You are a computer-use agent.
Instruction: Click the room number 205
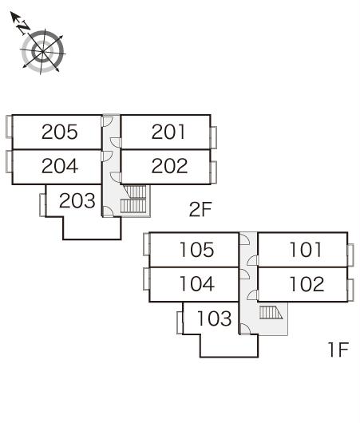point(60,132)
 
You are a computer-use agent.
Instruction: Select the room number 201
point(168,132)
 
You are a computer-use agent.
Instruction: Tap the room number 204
point(60,166)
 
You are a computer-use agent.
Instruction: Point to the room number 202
point(169,166)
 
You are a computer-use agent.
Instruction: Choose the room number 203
point(77,200)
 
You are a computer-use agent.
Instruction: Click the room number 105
point(196,250)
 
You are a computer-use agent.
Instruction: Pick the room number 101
point(306,250)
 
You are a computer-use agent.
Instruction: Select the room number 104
point(197,284)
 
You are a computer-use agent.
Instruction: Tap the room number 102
point(307,284)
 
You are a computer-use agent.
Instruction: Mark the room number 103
point(215,318)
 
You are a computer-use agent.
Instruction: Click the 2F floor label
point(200,210)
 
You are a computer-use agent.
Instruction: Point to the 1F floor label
point(338,350)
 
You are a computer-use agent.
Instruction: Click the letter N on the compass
point(24,27)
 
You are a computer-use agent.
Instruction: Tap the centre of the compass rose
point(42,51)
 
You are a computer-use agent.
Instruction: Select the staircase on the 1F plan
point(271,313)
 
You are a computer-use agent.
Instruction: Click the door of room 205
point(107,121)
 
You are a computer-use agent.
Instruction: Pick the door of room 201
point(116,143)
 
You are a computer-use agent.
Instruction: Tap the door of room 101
point(252,260)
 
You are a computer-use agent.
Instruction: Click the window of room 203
point(42,205)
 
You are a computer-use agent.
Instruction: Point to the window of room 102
point(350,291)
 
